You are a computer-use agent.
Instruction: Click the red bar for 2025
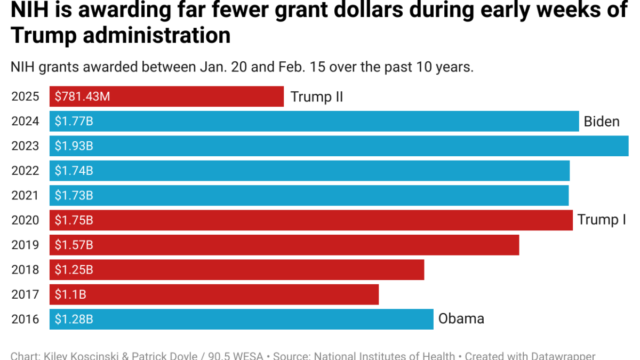[x=166, y=97]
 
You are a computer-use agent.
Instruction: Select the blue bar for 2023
[x=339, y=146]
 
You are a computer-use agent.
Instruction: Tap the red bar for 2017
[x=214, y=294]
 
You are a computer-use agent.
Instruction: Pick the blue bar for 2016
[x=241, y=319]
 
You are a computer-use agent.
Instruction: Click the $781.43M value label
[x=82, y=97]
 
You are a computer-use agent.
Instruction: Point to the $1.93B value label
[x=74, y=146]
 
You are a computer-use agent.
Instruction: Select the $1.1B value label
[x=70, y=294]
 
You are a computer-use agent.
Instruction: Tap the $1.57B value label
[x=74, y=245]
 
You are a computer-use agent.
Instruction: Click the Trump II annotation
[x=316, y=97]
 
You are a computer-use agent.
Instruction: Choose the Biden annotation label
[x=602, y=122]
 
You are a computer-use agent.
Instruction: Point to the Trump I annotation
[x=602, y=220]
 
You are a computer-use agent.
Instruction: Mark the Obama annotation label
[x=461, y=319]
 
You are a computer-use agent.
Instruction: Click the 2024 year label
[x=25, y=122]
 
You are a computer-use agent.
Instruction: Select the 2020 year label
[x=25, y=220]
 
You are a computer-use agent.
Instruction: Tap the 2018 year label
[x=25, y=270]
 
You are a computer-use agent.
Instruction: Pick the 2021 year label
[x=25, y=196]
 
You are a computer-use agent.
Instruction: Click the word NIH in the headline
[x=31, y=10]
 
